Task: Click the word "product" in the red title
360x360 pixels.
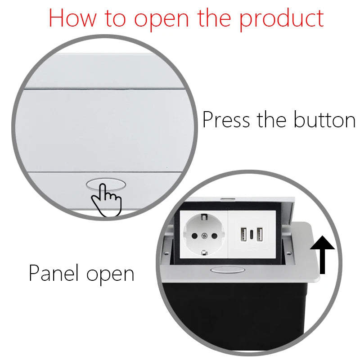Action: pyautogui.click(x=281, y=19)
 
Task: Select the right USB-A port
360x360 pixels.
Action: pyautogui.click(x=260, y=235)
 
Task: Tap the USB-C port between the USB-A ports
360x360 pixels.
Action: pyautogui.click(x=251, y=235)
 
